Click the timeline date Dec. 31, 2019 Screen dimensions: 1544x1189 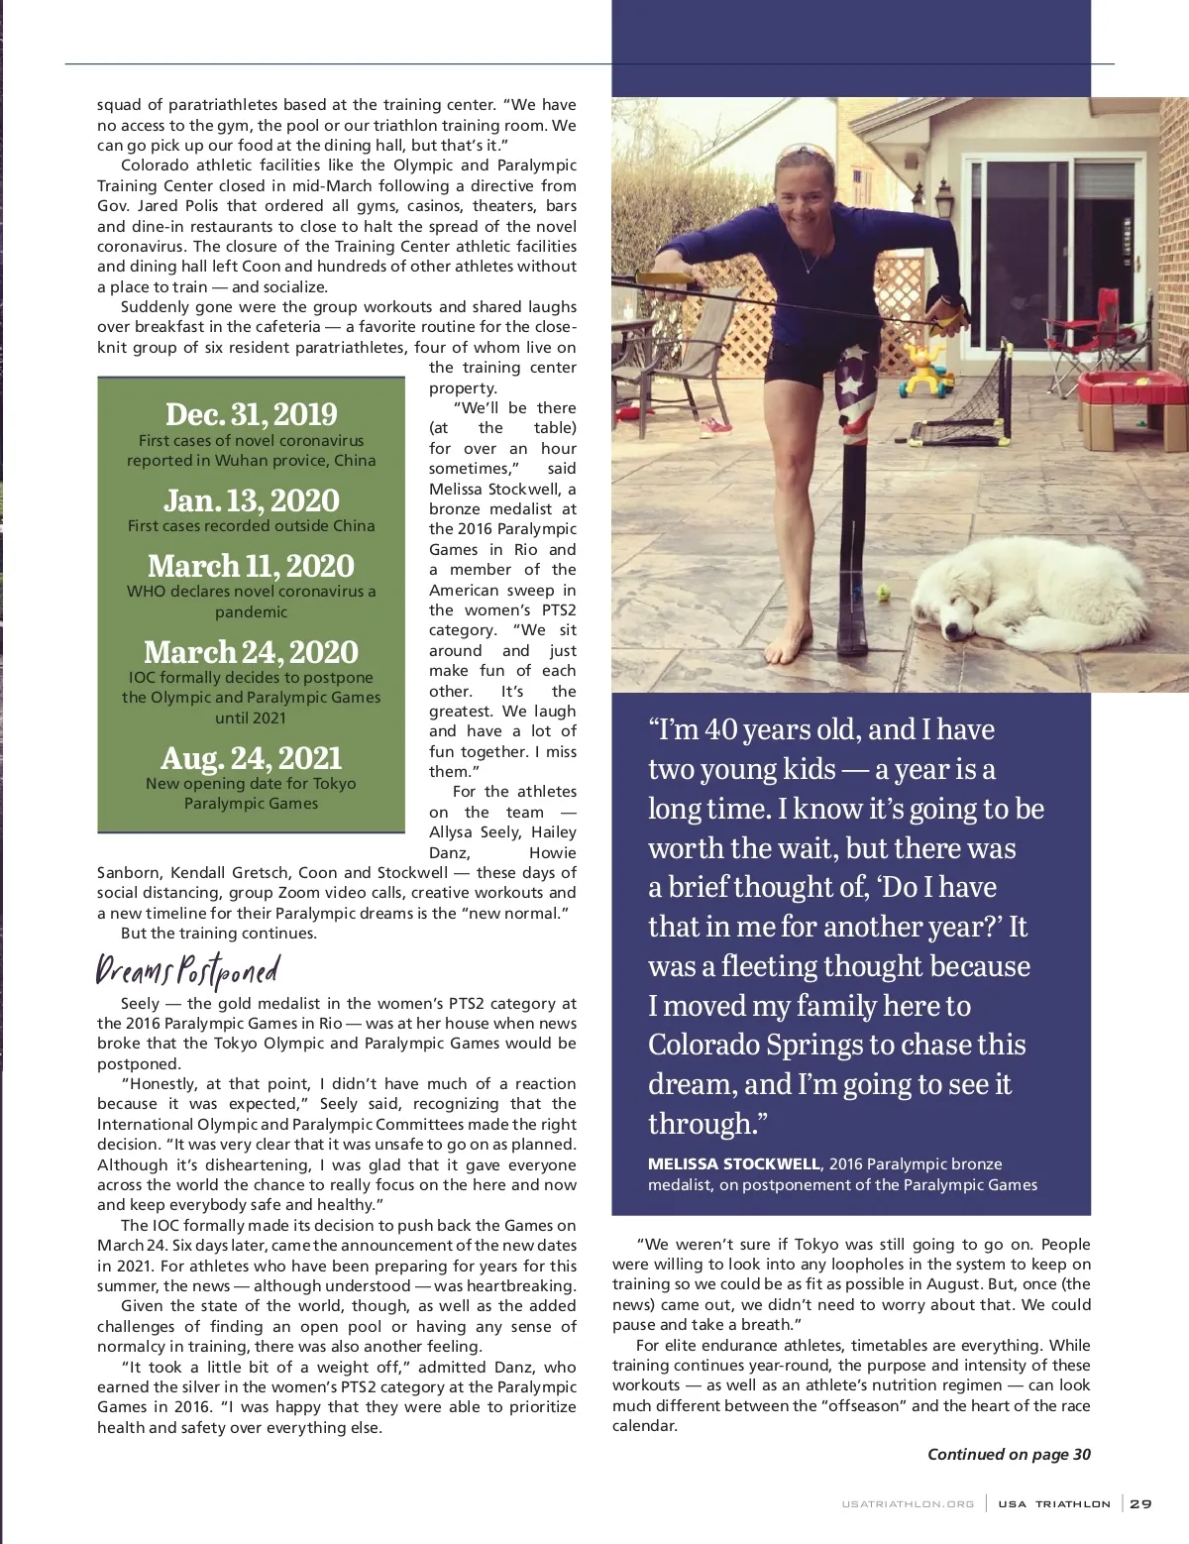point(251,414)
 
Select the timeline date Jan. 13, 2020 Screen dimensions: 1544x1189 point(251,500)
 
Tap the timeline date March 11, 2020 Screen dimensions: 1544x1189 point(251,566)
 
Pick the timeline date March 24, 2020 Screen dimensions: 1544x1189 point(251,652)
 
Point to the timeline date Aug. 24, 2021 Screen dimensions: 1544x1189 point(251,758)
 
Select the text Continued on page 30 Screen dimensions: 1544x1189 point(1008,1454)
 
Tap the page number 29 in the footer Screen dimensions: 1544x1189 point(1140,1503)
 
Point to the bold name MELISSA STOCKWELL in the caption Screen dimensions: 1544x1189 point(734,1163)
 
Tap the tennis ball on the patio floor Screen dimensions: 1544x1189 point(884,595)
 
